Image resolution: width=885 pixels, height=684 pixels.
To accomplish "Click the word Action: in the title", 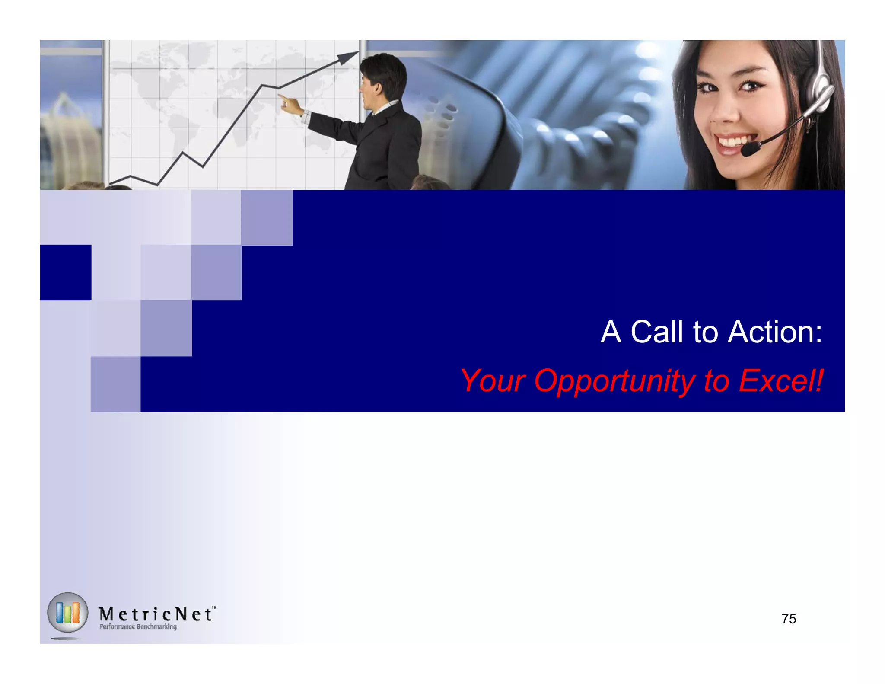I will coord(775,332).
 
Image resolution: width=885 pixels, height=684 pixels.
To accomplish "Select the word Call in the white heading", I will coord(656,332).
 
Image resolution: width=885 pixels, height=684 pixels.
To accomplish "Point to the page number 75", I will coord(789,619).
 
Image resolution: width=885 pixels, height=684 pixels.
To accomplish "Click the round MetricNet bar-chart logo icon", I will coord(67,613).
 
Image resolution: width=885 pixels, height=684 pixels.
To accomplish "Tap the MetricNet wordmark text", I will coord(156,614).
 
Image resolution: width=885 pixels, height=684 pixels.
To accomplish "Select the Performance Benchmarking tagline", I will coord(138,626).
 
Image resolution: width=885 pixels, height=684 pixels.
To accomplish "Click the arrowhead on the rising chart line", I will coord(348,57).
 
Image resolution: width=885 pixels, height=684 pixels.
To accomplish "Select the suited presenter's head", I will coord(382,80).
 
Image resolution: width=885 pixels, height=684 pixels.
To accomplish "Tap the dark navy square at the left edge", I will coord(66,272).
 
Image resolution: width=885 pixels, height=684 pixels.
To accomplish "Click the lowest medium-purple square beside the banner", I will coord(115,384).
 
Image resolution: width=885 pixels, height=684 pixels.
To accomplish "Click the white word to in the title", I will coord(705,332).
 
